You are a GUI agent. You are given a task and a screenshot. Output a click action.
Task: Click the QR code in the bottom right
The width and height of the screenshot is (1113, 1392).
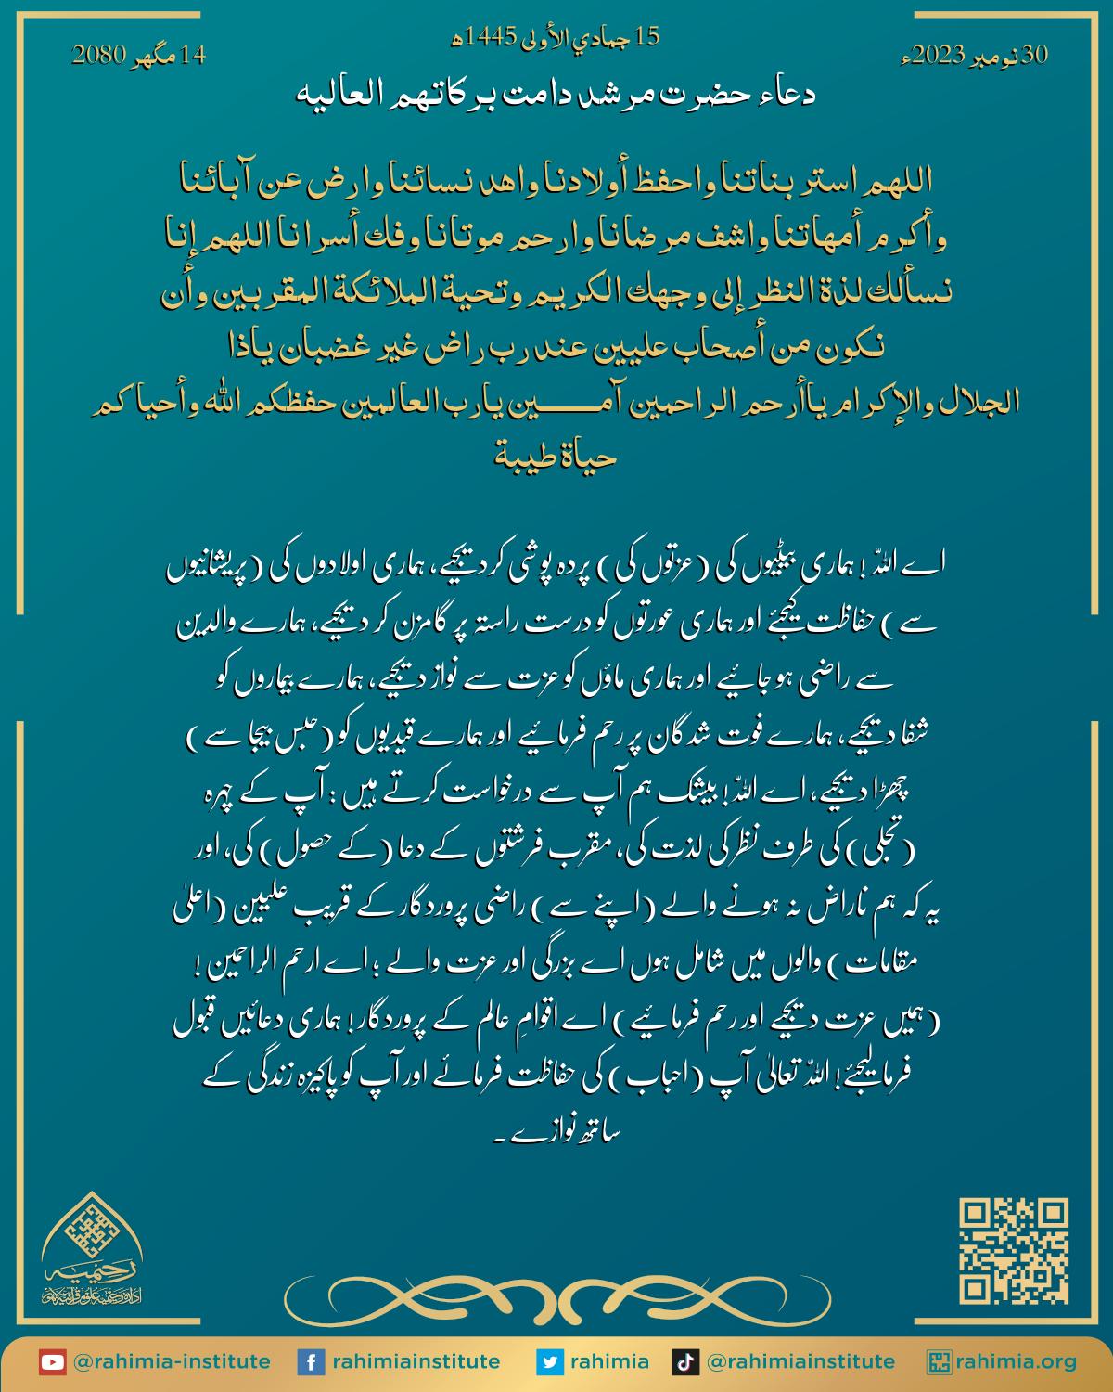tap(1013, 1251)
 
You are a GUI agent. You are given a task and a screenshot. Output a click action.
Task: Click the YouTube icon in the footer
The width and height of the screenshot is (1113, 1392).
tap(52, 1362)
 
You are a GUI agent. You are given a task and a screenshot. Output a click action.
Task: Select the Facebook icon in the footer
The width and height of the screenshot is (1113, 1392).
tap(309, 1362)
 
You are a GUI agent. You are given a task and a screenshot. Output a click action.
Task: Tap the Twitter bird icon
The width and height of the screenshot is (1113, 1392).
tap(550, 1362)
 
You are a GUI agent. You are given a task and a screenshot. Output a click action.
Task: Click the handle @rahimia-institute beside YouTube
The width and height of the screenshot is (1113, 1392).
tap(172, 1362)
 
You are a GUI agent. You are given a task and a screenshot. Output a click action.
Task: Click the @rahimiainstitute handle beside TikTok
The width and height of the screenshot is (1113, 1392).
tap(800, 1362)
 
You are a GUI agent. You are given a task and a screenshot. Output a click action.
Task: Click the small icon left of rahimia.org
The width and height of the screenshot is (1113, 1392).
tap(940, 1362)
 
